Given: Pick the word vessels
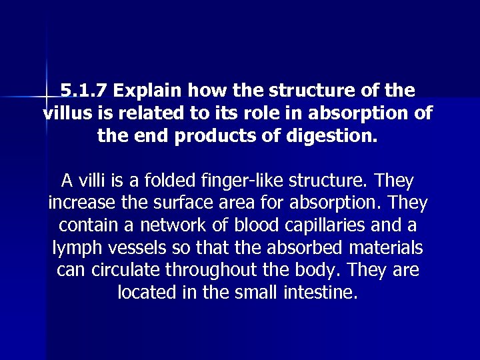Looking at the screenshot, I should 141,248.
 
